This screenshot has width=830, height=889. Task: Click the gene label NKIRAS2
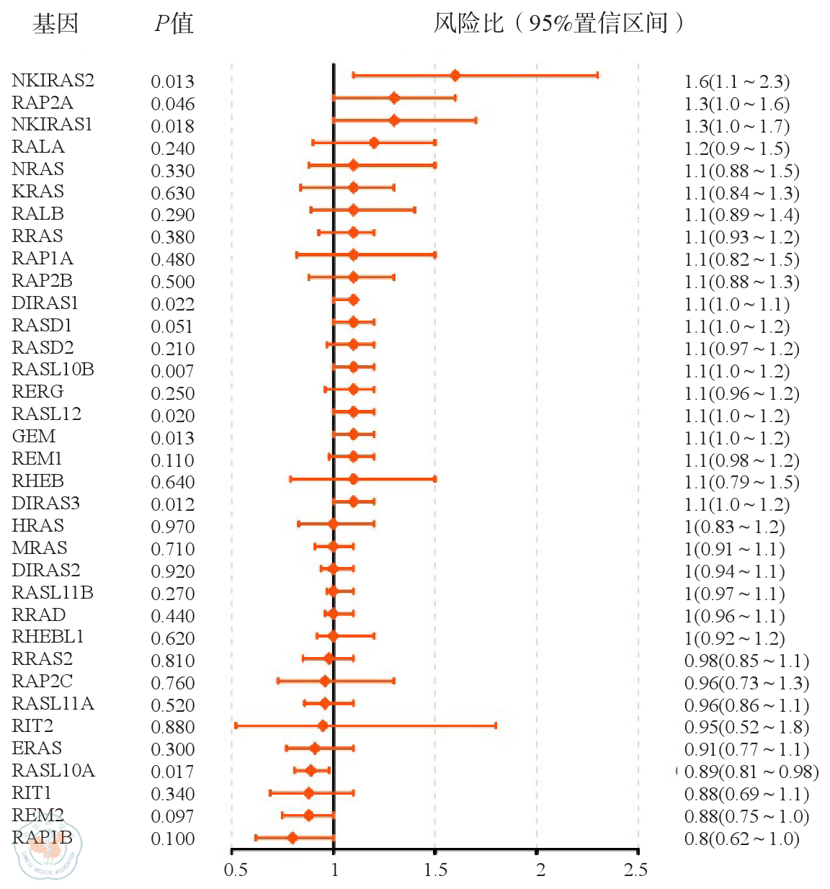click(53, 80)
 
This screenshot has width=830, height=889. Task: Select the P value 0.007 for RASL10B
click(172, 371)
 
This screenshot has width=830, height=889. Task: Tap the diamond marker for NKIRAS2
click(455, 76)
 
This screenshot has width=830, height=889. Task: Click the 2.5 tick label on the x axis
click(635, 870)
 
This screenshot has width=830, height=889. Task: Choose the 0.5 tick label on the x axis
click(235, 870)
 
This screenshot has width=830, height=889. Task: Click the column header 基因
click(55, 24)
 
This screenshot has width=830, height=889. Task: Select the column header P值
click(174, 24)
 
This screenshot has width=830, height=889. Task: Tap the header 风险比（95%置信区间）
click(558, 24)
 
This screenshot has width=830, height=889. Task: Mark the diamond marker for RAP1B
click(292, 838)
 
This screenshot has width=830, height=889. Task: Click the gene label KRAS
click(37, 192)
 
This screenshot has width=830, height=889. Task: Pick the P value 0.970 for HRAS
click(172, 527)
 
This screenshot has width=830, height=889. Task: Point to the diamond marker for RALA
click(373, 143)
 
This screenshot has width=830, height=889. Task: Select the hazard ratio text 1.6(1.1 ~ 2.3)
click(736, 81)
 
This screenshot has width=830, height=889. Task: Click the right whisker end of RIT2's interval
click(496, 725)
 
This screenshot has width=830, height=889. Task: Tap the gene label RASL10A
click(53, 771)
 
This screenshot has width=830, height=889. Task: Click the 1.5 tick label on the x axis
click(435, 870)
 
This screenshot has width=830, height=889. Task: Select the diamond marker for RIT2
click(323, 725)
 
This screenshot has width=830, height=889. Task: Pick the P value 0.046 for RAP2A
click(172, 104)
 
